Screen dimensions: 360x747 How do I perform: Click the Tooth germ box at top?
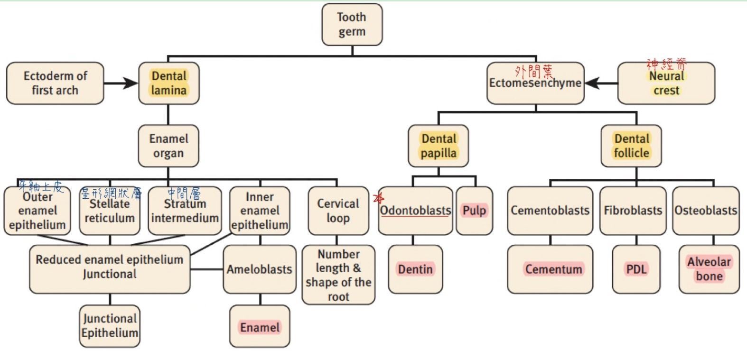click(352, 25)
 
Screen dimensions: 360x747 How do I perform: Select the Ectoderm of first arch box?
click(55, 83)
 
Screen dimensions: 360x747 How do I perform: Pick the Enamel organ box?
click(168, 146)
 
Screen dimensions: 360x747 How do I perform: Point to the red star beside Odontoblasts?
click(378, 198)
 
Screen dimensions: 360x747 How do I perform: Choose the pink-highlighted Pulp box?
click(474, 211)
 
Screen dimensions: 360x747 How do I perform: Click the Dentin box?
click(415, 269)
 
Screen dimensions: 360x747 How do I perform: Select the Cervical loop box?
click(338, 211)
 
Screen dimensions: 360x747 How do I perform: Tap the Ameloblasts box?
click(259, 269)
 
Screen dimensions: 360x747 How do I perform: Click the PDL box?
click(636, 269)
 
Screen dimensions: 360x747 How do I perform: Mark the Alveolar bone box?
click(709, 269)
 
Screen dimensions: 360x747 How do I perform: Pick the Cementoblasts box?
click(550, 211)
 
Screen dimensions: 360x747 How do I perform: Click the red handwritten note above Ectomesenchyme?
click(534, 71)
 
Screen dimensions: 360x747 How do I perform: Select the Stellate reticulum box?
click(110, 211)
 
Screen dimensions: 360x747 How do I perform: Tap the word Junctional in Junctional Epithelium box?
click(110, 318)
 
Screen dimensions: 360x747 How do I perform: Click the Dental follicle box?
click(631, 146)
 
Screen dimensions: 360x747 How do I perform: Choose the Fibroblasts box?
click(633, 211)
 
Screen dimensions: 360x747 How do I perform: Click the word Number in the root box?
click(338, 254)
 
